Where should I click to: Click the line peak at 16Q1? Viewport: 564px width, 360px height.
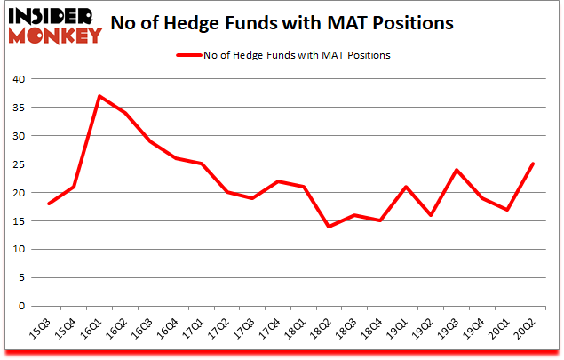point(100,96)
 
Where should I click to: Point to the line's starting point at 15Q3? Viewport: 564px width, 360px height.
point(49,204)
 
